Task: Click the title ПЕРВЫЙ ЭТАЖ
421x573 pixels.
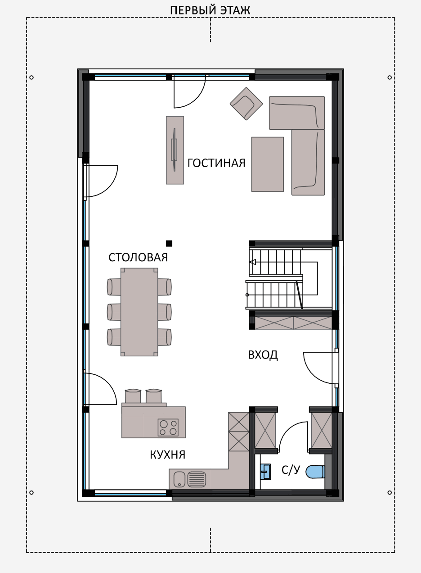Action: [210, 11]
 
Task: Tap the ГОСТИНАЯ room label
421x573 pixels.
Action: [216, 163]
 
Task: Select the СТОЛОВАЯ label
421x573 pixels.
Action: [138, 257]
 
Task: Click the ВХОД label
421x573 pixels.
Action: [263, 355]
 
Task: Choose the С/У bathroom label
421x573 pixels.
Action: [291, 470]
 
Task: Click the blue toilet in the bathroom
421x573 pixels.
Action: [315, 472]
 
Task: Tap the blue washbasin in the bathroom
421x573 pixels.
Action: [266, 472]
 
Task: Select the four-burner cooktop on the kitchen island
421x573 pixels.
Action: [168, 427]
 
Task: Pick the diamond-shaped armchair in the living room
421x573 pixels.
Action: [246, 104]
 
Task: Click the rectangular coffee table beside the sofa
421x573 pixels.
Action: [268, 164]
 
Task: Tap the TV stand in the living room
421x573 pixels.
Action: [175, 150]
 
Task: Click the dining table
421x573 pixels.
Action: [139, 312]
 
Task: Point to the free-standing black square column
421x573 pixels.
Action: [169, 243]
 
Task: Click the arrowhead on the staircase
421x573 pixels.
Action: [253, 262]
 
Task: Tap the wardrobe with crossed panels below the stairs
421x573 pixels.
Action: [293, 323]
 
